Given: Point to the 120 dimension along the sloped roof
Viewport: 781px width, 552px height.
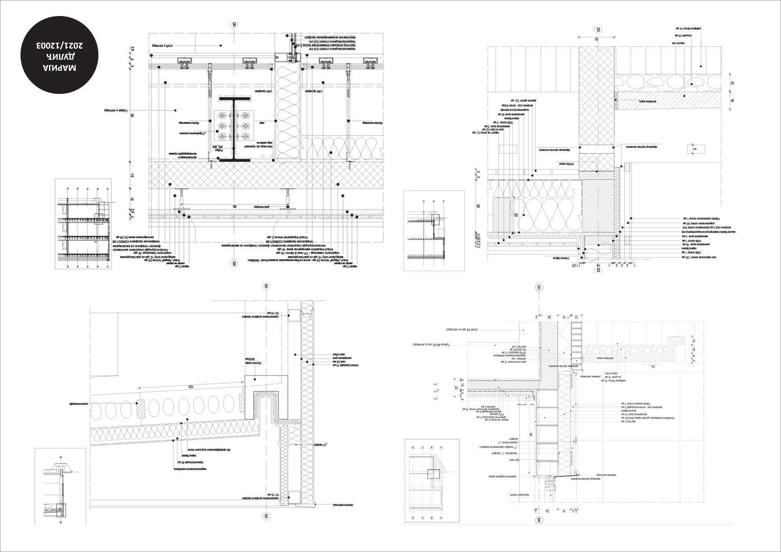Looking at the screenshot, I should click(191, 387).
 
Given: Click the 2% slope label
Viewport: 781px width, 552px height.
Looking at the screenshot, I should click(653, 366).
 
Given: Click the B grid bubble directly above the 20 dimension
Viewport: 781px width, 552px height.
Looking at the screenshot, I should click(598, 30).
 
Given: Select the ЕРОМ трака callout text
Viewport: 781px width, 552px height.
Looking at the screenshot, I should click(566, 164).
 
